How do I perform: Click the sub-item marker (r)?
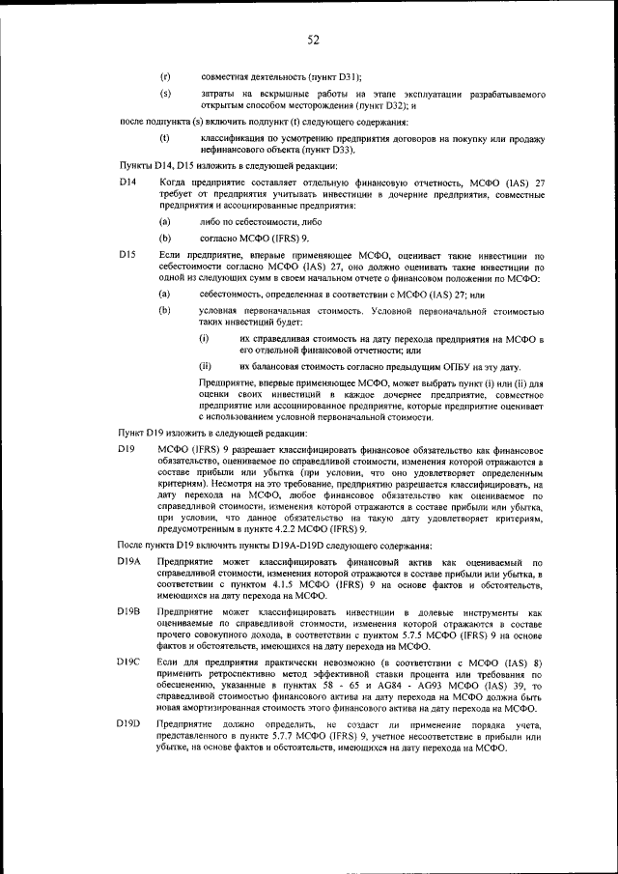pyautogui.click(x=165, y=75)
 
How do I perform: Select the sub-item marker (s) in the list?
pyautogui.click(x=165, y=93)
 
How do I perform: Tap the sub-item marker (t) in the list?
pyautogui.click(x=165, y=138)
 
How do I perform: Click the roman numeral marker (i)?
pyautogui.click(x=204, y=340)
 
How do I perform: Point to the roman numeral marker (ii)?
pyautogui.click(x=205, y=367)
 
